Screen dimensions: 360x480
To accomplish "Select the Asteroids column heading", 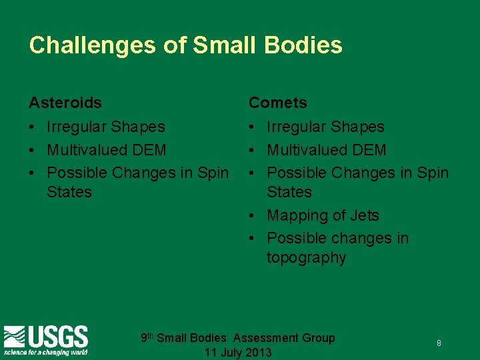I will click(x=65, y=103).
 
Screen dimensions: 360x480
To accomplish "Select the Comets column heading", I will click(x=278, y=103).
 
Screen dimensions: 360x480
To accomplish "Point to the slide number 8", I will click(x=439, y=343).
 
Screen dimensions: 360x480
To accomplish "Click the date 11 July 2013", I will click(x=238, y=353).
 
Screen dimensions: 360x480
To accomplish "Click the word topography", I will click(x=306, y=258).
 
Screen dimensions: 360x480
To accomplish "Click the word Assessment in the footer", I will click(x=266, y=338).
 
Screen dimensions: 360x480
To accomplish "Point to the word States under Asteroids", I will click(x=69, y=192).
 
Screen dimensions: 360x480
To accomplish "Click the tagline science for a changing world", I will click(x=46, y=351).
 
